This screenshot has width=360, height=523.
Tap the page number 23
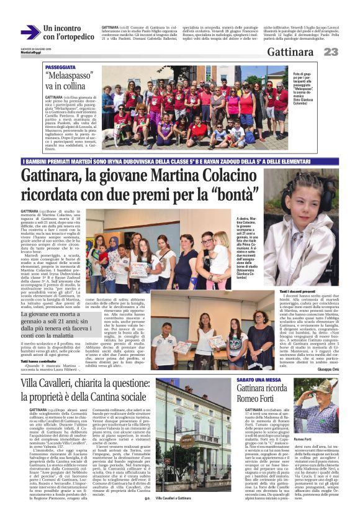pos(330,52)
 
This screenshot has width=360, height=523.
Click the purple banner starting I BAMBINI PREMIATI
pos(180,161)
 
